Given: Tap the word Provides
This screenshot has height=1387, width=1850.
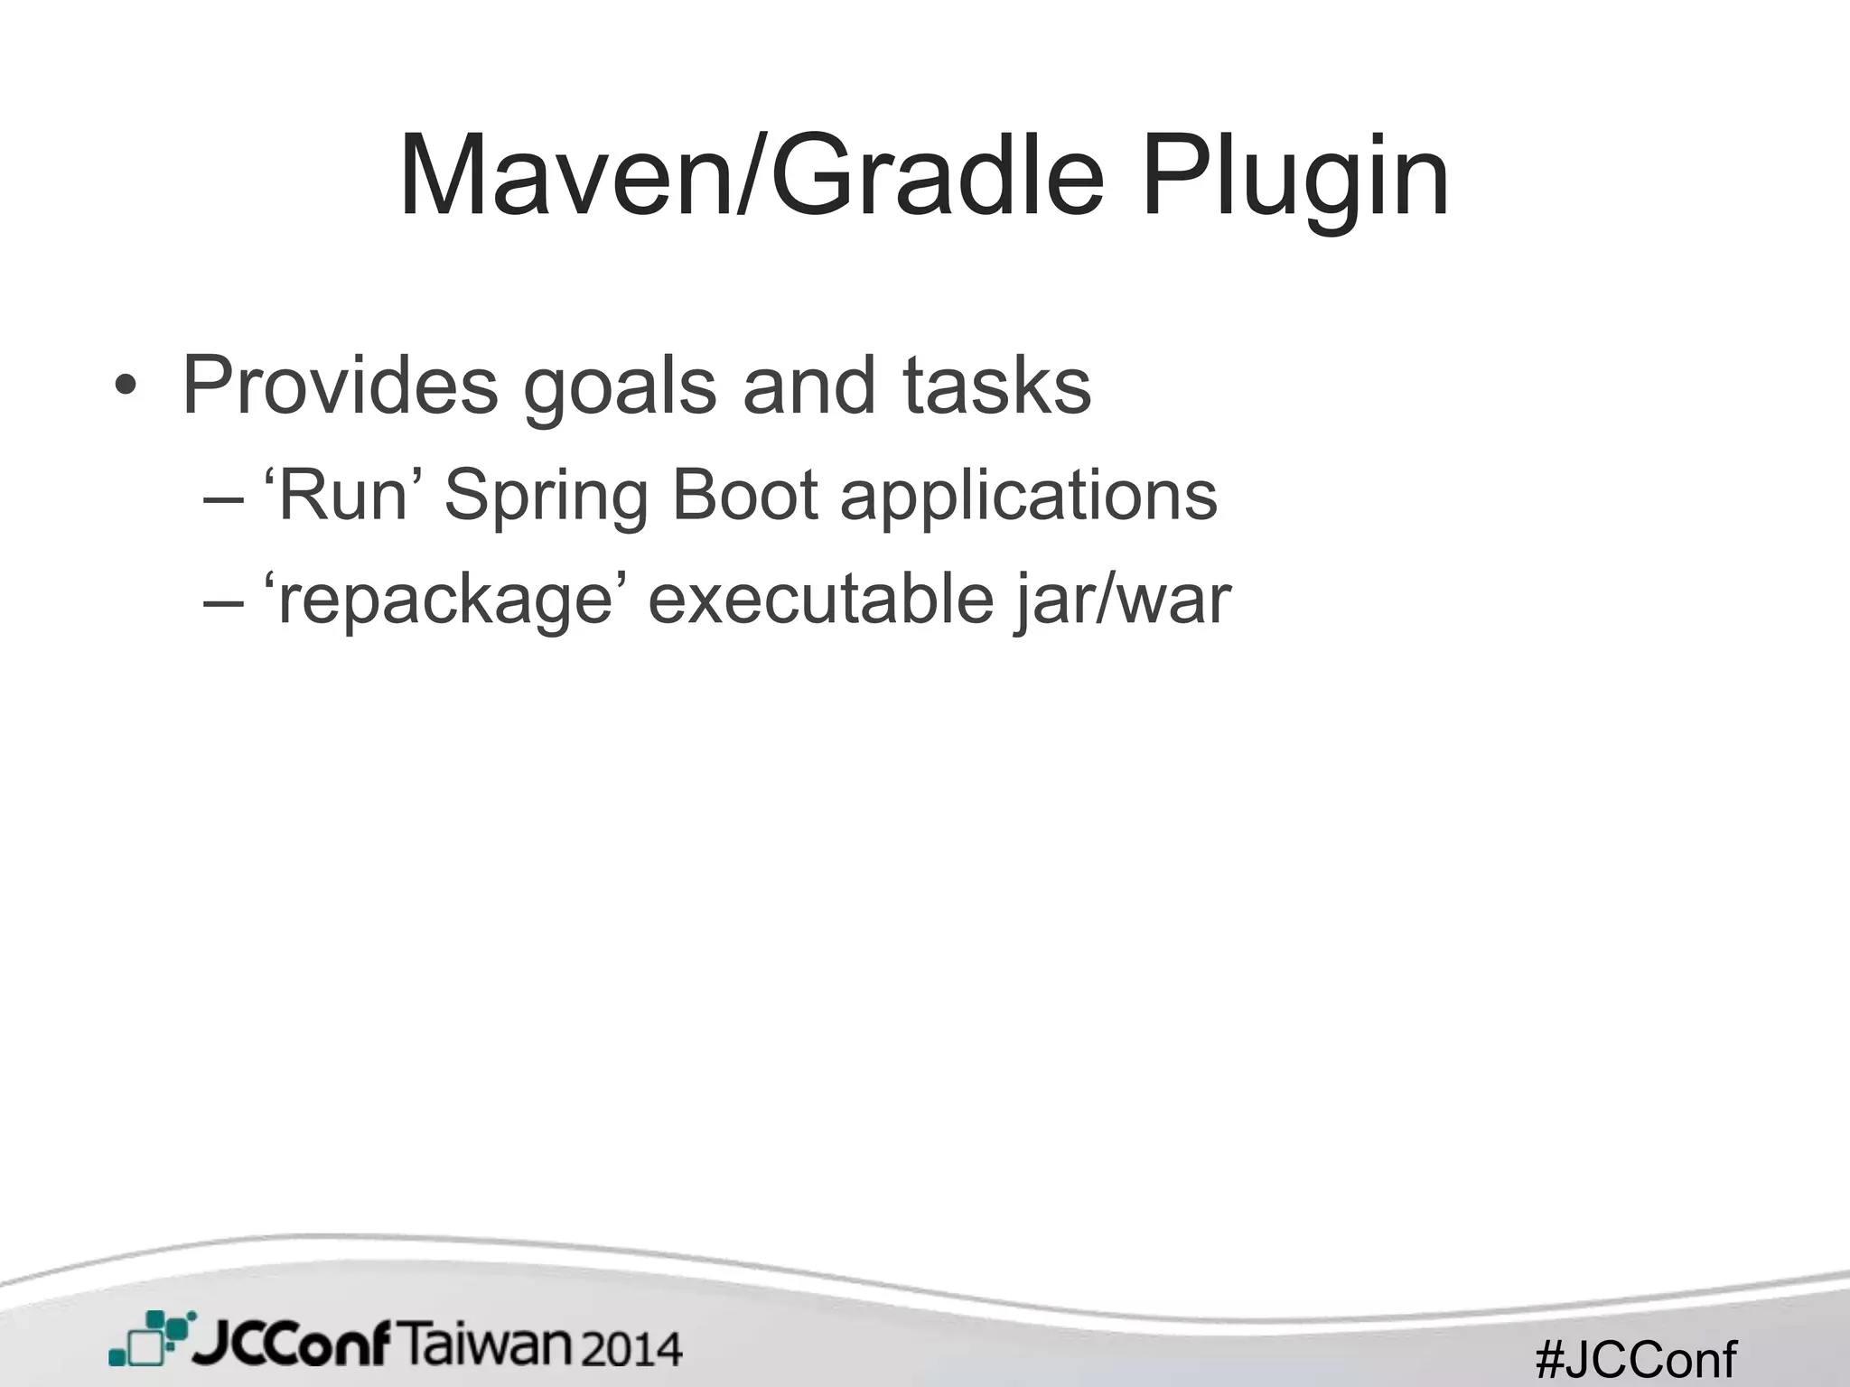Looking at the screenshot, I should click(340, 386).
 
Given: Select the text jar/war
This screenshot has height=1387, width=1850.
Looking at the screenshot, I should click(1122, 600).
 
